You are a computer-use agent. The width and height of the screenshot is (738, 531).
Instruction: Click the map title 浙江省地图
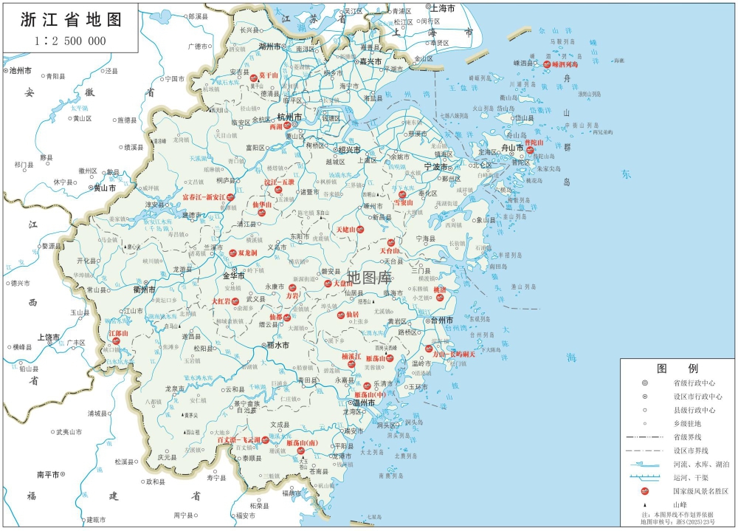click(71, 19)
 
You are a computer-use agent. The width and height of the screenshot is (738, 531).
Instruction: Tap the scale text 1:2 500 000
click(70, 41)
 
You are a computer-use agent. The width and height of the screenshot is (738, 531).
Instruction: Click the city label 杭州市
click(289, 117)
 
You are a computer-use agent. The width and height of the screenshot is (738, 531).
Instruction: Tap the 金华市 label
click(233, 275)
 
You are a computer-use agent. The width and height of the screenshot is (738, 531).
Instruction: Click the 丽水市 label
click(277, 345)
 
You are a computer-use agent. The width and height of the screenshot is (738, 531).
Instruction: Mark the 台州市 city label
click(442, 321)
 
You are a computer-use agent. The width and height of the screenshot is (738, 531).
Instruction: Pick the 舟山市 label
click(511, 148)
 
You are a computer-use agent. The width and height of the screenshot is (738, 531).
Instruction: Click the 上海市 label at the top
click(446, 7)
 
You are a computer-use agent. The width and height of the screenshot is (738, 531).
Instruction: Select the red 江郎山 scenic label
click(119, 334)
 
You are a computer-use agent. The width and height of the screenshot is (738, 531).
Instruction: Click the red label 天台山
click(390, 251)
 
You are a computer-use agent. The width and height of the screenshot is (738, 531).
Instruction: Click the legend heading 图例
click(677, 368)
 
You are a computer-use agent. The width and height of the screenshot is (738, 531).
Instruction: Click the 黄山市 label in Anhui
click(106, 188)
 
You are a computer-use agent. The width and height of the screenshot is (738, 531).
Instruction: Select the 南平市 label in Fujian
click(48, 473)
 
